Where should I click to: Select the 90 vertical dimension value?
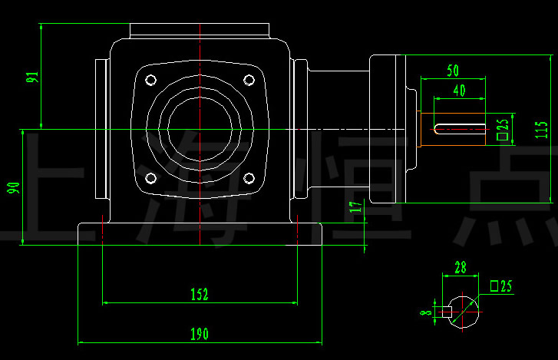(x=13, y=188)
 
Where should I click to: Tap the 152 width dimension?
(x=200, y=294)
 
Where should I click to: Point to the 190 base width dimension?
(x=200, y=334)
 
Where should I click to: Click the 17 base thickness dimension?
(x=354, y=206)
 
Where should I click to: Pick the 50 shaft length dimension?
(x=453, y=70)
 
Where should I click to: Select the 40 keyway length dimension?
(x=459, y=90)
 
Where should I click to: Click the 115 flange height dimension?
(x=543, y=129)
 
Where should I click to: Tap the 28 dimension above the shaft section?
(x=461, y=267)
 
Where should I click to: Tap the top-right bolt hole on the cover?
(x=249, y=80)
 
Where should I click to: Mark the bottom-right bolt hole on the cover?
(x=249, y=178)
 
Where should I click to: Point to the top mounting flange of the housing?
(x=200, y=31)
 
